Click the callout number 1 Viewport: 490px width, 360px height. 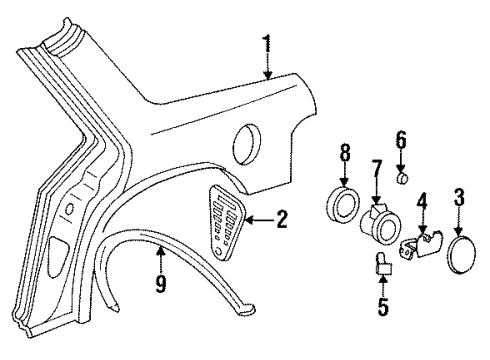pos(267,43)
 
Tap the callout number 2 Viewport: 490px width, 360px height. pos(282,217)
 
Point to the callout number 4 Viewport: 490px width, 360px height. pos(422,211)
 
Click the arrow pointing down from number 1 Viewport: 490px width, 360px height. pos(267,67)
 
